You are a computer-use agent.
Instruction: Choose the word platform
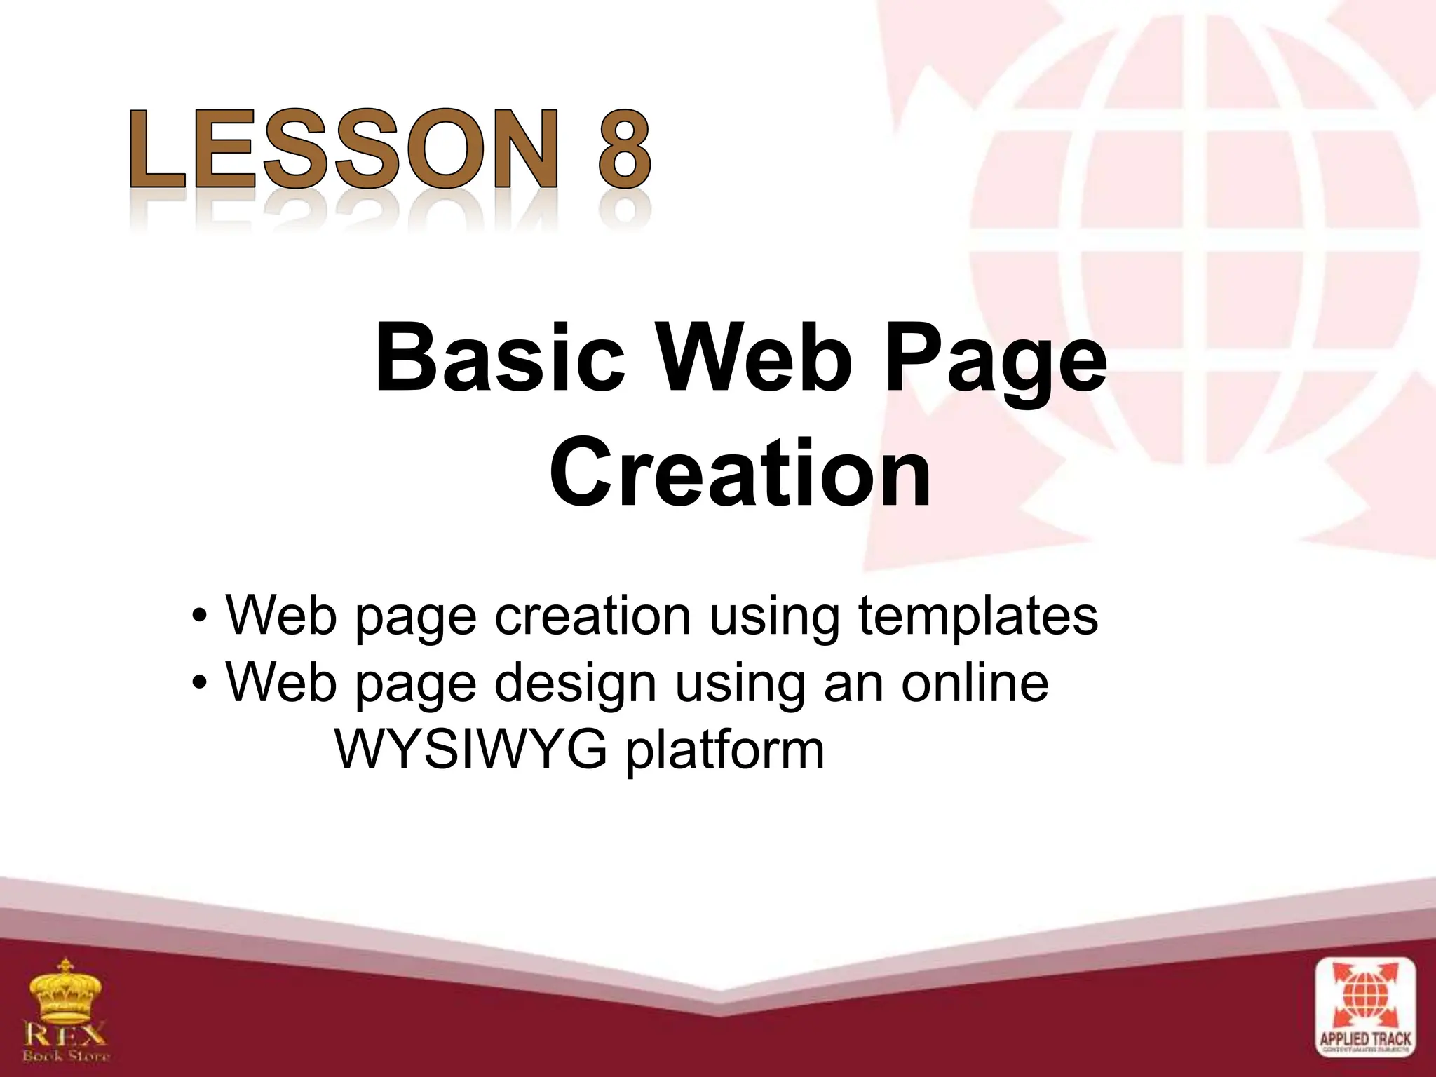click(725, 752)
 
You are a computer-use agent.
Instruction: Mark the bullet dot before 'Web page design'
click(201, 683)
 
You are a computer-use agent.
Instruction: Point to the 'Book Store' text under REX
click(66, 1055)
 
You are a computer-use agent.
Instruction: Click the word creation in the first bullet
click(593, 616)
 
